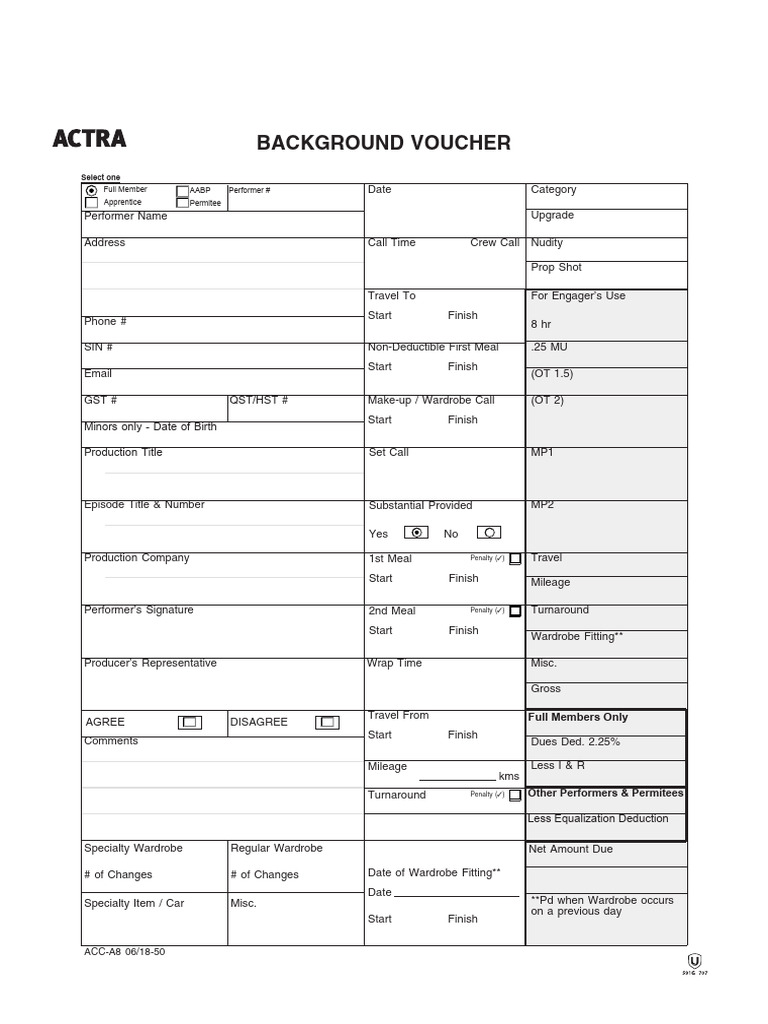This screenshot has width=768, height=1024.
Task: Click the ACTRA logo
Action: pyautogui.click(x=90, y=139)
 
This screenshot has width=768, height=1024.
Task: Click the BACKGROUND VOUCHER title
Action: pyautogui.click(x=384, y=143)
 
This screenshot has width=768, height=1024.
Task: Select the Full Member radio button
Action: pyautogui.click(x=92, y=190)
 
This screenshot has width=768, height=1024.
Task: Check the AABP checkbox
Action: pyautogui.click(x=182, y=190)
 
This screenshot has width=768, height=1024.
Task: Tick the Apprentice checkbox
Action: pyautogui.click(x=92, y=202)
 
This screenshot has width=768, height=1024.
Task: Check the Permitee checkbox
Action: pyautogui.click(x=182, y=202)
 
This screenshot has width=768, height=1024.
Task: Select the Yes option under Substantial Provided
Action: pyautogui.click(x=417, y=533)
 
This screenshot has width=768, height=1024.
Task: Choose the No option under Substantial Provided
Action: pyautogui.click(x=489, y=533)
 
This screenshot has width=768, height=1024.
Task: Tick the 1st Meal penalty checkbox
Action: pyautogui.click(x=514, y=559)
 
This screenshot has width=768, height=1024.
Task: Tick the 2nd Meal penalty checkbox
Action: pyautogui.click(x=514, y=611)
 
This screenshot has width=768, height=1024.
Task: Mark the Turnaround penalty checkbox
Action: pyautogui.click(x=514, y=796)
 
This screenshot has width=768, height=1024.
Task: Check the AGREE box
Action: pyautogui.click(x=190, y=722)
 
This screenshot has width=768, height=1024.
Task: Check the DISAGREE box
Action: pyautogui.click(x=327, y=722)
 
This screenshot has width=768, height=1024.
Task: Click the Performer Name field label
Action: pyautogui.click(x=126, y=216)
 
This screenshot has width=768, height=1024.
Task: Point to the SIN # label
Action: pyautogui.click(x=98, y=347)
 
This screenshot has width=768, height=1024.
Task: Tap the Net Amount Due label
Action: pyautogui.click(x=571, y=849)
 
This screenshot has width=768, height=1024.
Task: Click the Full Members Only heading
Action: pyautogui.click(x=578, y=717)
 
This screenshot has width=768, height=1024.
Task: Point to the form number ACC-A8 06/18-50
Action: pyautogui.click(x=125, y=952)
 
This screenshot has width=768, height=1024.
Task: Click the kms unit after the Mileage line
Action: pyautogui.click(x=509, y=776)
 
